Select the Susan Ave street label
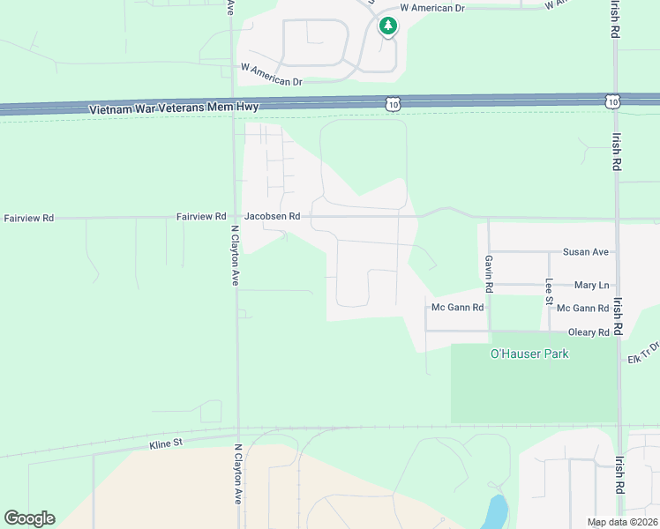589,252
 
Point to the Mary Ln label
591,286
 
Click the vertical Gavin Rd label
488,274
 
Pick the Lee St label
549,292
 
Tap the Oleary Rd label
589,333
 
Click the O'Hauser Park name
529,354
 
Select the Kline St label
165,444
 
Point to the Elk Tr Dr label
643,353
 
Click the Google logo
29,518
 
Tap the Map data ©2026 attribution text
621,522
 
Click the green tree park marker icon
387,26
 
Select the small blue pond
498,511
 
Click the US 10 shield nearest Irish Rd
612,101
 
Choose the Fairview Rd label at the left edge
29,218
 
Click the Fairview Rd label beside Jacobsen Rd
201,216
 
